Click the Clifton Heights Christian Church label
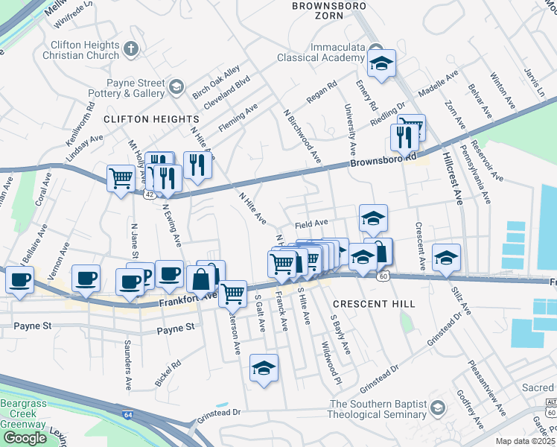pos(81,50)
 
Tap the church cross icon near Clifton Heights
pos(131,49)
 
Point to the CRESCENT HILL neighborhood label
pos(362,304)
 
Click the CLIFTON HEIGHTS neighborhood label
pos(152,119)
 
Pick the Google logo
pos(25,438)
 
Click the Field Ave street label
pos(311,223)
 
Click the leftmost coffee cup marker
pos(19,281)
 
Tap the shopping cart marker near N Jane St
pos(121,177)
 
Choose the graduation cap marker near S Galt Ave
pos(264,368)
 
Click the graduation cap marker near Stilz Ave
pos(447,257)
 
